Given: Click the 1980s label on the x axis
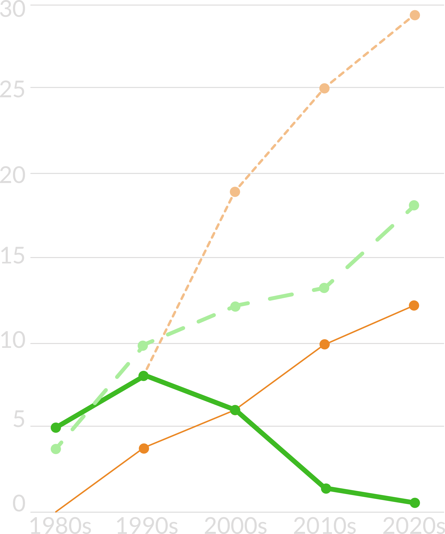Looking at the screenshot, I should (x=61, y=526).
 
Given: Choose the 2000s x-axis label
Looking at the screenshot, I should (x=235, y=526).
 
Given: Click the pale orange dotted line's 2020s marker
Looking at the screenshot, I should (x=415, y=15).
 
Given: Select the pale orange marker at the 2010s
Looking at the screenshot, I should (x=325, y=88).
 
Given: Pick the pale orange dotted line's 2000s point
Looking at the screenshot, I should (x=235, y=192).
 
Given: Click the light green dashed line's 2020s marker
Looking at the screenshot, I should (x=414, y=205).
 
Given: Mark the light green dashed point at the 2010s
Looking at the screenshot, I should (x=324, y=288).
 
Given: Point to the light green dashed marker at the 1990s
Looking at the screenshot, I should (x=143, y=346).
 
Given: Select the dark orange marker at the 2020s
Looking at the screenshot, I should (x=414, y=305).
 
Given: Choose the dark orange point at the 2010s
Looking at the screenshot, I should (x=325, y=345).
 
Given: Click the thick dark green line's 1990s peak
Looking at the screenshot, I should (x=144, y=376).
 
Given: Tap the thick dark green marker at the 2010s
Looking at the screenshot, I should (x=326, y=489).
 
